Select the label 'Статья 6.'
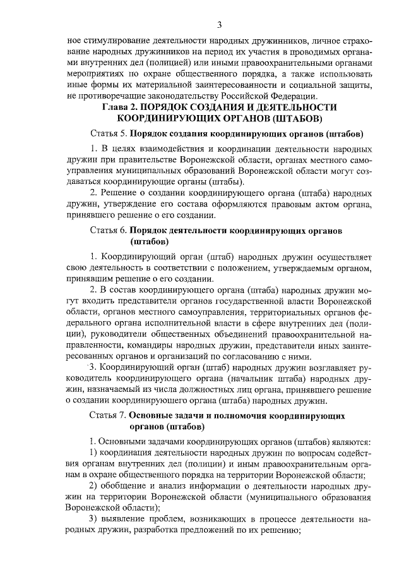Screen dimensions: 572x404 pos(109,231)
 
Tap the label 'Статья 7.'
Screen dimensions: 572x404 pos(109,415)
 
